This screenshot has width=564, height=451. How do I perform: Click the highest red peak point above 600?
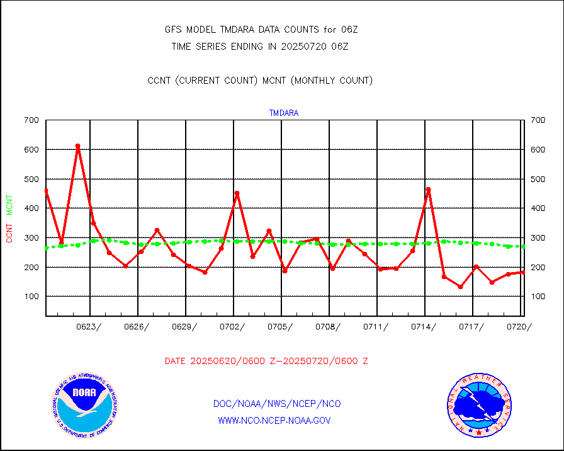pos(77,146)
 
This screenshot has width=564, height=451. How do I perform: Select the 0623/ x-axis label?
pos(88,326)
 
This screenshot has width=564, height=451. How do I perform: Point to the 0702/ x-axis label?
pos(232,326)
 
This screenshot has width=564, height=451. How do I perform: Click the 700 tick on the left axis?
pos(31,120)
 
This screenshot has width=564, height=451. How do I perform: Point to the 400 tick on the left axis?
pos(31,208)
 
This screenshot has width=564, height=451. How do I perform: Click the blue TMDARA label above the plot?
pos(284,113)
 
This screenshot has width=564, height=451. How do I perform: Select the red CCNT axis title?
pos(9,230)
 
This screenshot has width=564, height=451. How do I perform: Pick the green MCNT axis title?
pos(9,205)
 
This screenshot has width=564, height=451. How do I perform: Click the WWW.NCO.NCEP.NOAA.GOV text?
pos(274,420)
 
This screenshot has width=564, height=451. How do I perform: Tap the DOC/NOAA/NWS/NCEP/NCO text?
pos(277,403)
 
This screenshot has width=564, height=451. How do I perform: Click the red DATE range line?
pos(266,362)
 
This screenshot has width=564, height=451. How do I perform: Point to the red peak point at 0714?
pos(428,189)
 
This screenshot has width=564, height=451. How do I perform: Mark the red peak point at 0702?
pos(237,193)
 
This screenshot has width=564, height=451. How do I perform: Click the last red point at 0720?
pos(522,272)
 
